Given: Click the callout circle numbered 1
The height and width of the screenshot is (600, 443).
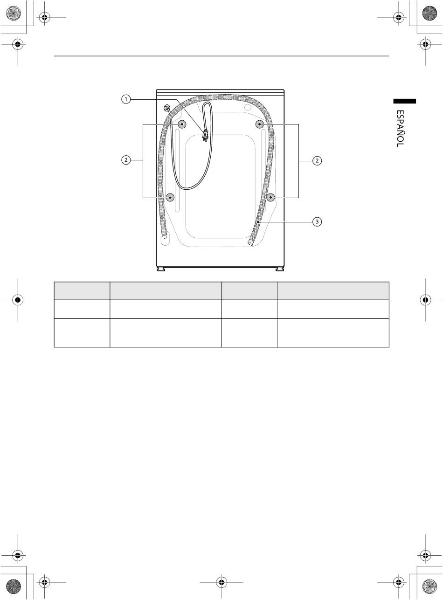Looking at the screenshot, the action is [x=125, y=99].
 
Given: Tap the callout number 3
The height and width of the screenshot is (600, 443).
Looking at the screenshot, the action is [x=317, y=222].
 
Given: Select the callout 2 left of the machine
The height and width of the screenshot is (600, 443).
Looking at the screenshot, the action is [x=125, y=160].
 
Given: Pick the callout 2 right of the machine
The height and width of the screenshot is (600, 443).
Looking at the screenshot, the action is [x=317, y=161].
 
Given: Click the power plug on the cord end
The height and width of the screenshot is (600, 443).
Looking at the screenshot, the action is [x=205, y=136].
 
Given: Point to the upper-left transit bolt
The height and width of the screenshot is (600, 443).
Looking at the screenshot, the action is [x=182, y=124].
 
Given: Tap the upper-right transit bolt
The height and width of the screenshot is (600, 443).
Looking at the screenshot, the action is [x=260, y=124].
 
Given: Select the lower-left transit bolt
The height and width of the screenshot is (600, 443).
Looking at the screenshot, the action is [x=170, y=198].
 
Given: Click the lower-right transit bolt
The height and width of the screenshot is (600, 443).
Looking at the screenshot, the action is [x=270, y=198].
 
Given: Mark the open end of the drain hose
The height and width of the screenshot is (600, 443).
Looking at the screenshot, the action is [x=250, y=242].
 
